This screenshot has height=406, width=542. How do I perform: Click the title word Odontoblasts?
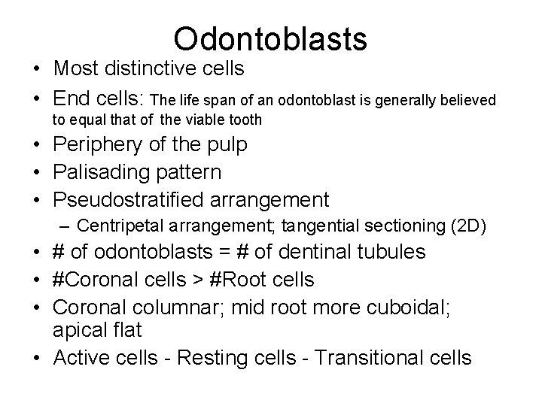[x=269, y=37]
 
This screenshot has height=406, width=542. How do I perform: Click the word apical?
[x=78, y=330]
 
